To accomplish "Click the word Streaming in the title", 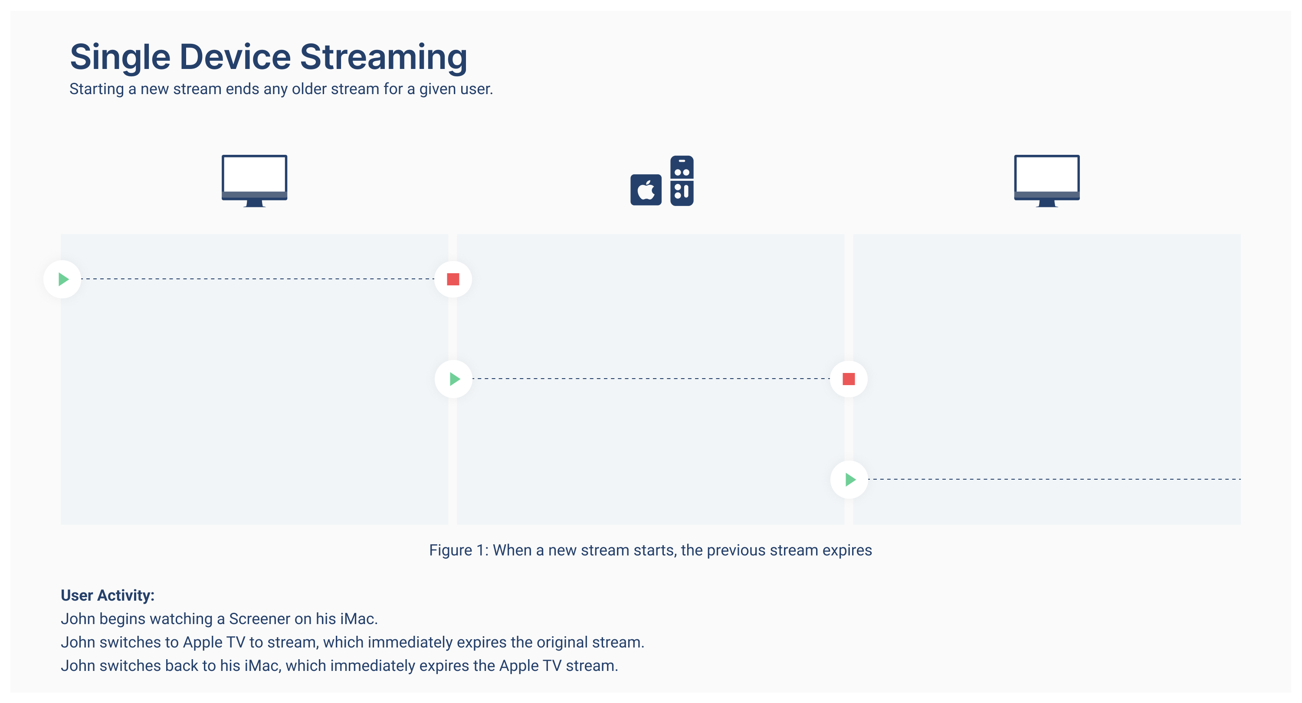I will coord(383,57).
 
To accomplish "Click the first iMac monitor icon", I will coord(254,180).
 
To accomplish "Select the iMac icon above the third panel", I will coord(1046,180).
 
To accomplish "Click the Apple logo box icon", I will coord(646,190).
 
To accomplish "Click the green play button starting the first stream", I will coord(62,279).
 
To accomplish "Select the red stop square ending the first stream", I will coord(453,279).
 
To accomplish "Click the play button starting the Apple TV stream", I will coord(454,379).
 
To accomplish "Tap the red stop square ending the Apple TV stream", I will coord(849,379).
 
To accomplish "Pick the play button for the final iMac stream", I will coord(849,479).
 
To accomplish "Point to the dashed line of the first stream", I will coord(258,278).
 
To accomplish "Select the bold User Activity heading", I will coord(107,595).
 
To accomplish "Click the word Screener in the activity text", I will coord(259,618).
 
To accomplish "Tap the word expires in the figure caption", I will coord(846,550).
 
